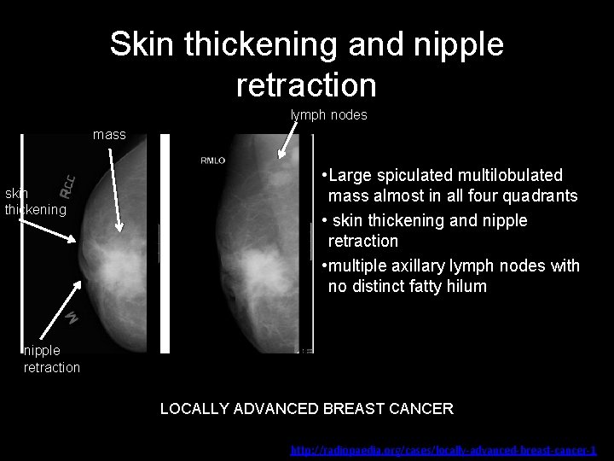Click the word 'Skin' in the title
tap(141, 44)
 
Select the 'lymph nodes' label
tap(328, 114)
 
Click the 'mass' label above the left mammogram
tap(109, 134)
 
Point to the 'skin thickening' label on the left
tap(35, 201)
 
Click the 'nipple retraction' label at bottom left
tap(51, 359)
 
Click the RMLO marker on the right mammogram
tap(212, 160)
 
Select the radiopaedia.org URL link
tap(443, 449)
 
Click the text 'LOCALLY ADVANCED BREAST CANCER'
tap(307, 408)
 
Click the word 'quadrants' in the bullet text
tap(542, 196)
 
